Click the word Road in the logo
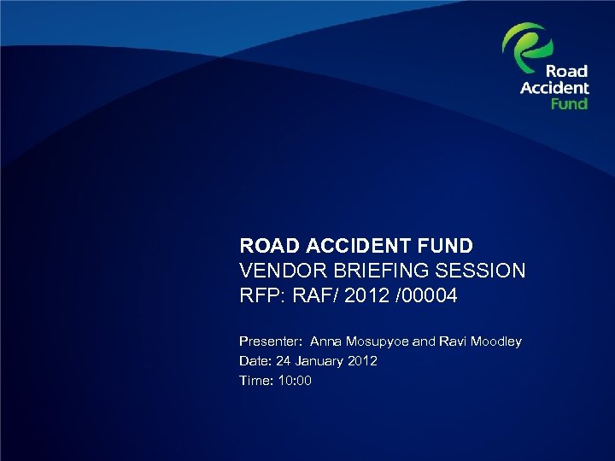(x=566, y=72)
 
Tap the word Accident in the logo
(x=554, y=88)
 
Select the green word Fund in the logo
(x=569, y=103)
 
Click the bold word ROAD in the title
(x=265, y=247)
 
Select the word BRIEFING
(x=378, y=271)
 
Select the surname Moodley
(x=495, y=341)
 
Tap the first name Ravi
(x=452, y=341)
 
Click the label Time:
(x=255, y=381)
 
